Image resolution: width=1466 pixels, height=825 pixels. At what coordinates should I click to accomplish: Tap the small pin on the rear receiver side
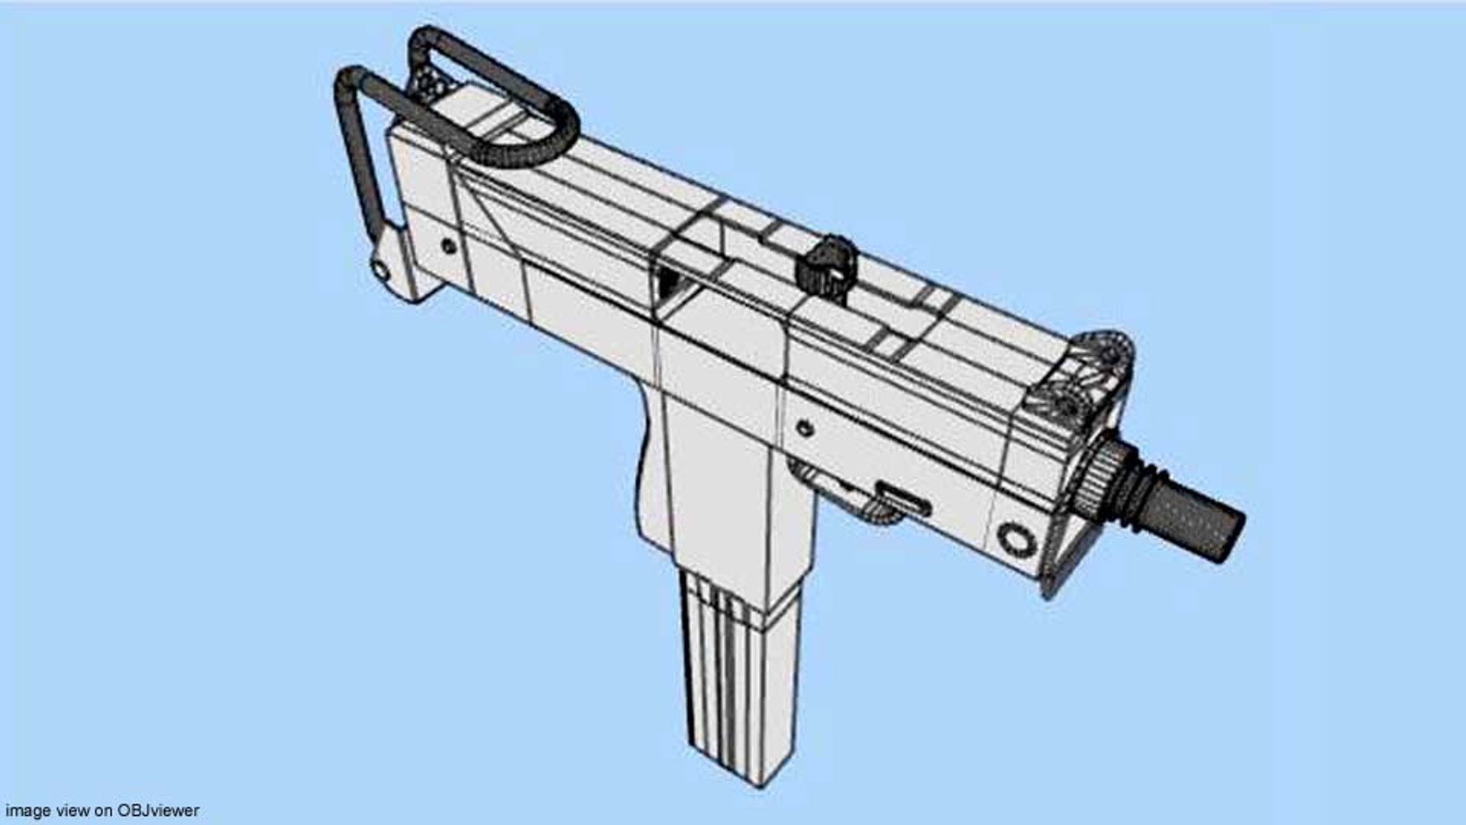point(449,246)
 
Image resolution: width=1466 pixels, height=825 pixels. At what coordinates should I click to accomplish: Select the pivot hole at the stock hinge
point(379,268)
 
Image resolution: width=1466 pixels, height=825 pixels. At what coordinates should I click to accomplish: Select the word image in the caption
point(27,810)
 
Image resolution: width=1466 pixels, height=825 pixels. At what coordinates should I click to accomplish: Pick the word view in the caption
point(73,810)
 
